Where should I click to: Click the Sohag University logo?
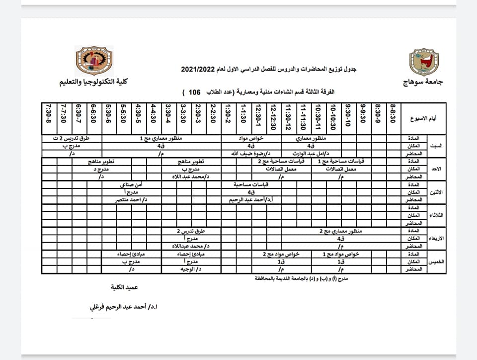[x=421, y=62]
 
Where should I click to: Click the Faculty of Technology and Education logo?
[x=93, y=62]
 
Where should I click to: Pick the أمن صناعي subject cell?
[x=132, y=184]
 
